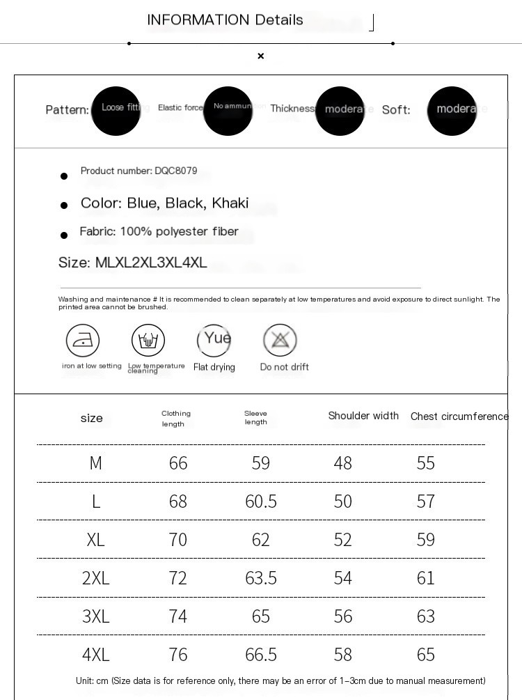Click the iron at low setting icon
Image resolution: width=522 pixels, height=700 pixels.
[x=83, y=341]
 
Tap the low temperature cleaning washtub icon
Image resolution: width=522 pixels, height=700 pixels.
[x=148, y=341]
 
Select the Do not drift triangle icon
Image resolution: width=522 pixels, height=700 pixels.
[x=280, y=341]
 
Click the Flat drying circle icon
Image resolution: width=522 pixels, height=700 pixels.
[x=214, y=340]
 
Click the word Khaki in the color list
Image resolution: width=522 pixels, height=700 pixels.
[x=230, y=203]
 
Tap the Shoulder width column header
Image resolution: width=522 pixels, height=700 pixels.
[x=363, y=416]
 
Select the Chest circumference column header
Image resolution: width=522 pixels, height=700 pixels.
[x=459, y=417]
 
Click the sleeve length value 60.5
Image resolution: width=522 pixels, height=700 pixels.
[x=261, y=501]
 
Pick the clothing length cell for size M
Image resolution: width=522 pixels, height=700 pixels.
[x=178, y=463]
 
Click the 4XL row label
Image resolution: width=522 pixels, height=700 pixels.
[x=96, y=655]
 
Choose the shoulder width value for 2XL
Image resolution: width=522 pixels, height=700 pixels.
[x=343, y=578]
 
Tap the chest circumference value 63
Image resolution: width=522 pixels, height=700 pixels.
[x=425, y=616]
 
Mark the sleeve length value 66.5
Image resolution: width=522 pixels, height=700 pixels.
[x=261, y=655]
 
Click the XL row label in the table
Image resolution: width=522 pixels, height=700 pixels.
[x=96, y=540]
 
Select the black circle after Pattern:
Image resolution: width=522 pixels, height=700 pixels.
[x=116, y=111]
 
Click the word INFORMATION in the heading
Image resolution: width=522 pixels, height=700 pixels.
[x=198, y=20]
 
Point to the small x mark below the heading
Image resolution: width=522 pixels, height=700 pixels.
[x=261, y=56]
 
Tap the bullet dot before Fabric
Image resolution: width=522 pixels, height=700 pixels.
[x=64, y=235]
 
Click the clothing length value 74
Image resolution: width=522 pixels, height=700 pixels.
[x=178, y=616]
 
